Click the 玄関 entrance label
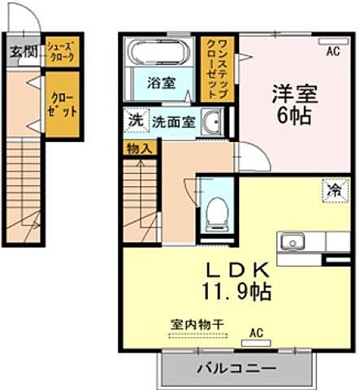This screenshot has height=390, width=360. [23, 53]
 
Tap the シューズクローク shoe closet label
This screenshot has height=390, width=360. [61, 53]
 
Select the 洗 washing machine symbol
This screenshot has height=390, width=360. [133, 119]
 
